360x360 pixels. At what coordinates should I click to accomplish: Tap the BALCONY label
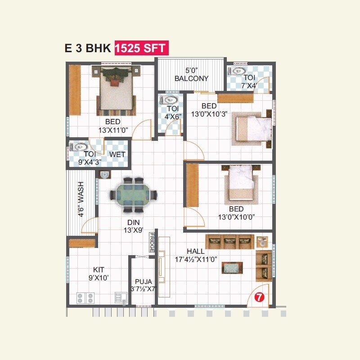[192, 78]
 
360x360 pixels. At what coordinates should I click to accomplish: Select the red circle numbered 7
[259, 297]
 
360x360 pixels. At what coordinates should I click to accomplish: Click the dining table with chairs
[134, 195]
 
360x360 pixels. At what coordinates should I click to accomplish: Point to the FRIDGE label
[152, 243]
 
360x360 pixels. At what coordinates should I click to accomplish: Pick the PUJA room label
[143, 282]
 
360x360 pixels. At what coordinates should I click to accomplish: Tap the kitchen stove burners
[85, 298]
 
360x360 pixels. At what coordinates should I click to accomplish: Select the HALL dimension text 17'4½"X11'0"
[196, 259]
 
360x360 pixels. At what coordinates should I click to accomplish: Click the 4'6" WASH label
[81, 199]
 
